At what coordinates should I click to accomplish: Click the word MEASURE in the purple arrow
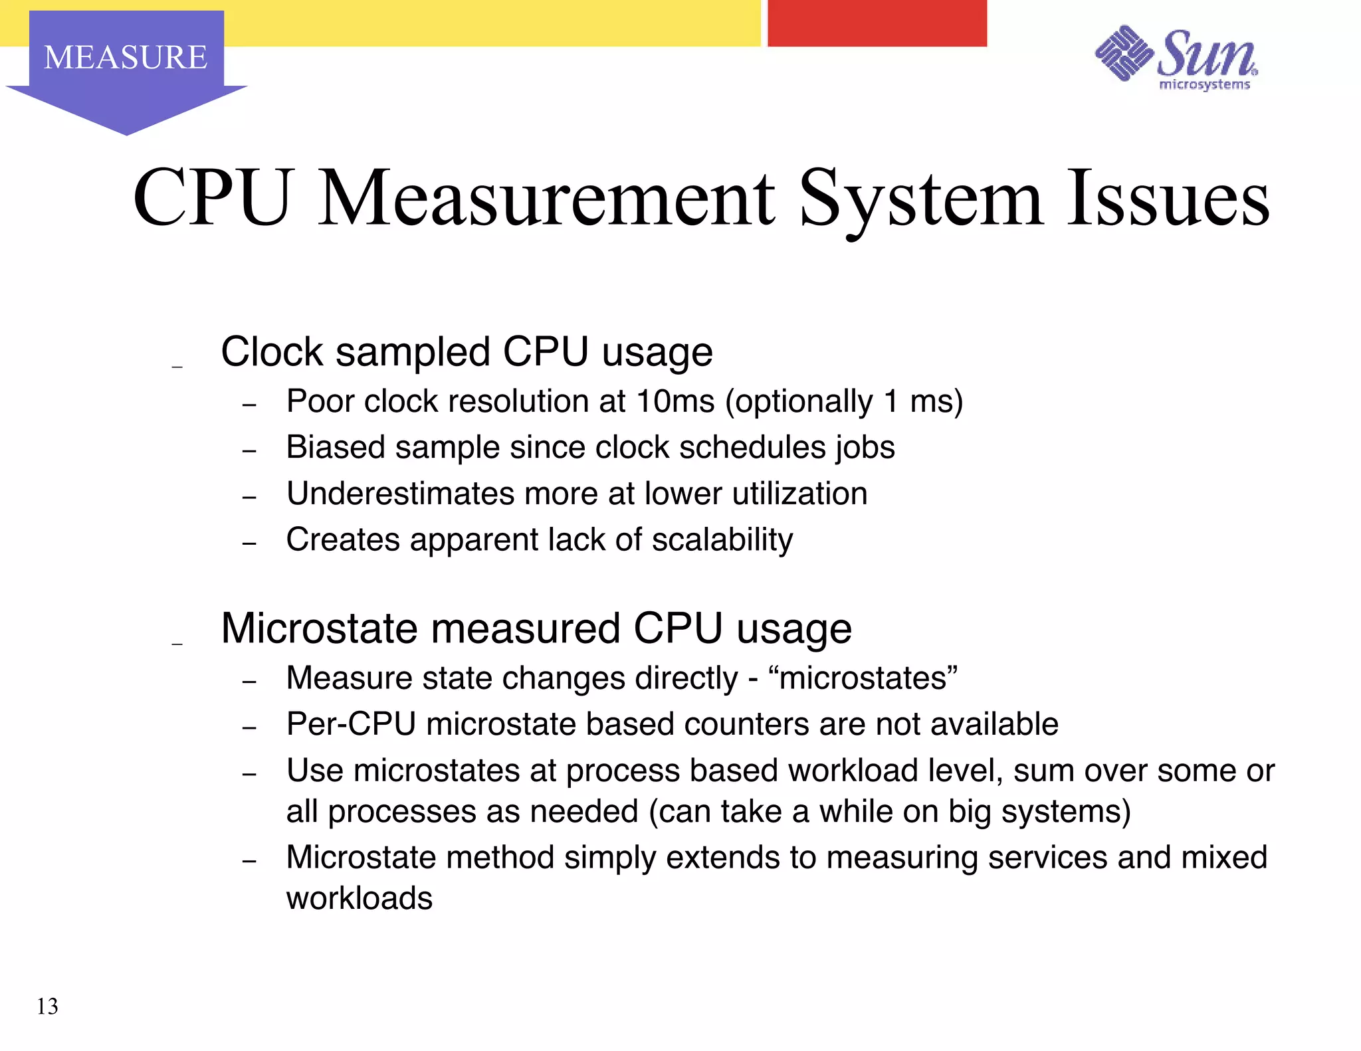tap(126, 57)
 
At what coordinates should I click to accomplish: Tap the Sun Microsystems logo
tap(1176, 58)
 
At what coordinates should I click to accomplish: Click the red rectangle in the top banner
tap(877, 23)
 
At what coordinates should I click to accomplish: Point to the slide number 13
tap(47, 1006)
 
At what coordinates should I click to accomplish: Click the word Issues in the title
tap(1168, 198)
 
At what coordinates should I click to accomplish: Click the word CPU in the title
tap(212, 198)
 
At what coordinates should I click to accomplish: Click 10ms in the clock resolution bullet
tap(675, 401)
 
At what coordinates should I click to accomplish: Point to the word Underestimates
tap(400, 494)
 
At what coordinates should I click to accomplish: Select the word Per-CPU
tap(351, 724)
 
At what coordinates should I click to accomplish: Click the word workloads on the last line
tap(360, 898)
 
